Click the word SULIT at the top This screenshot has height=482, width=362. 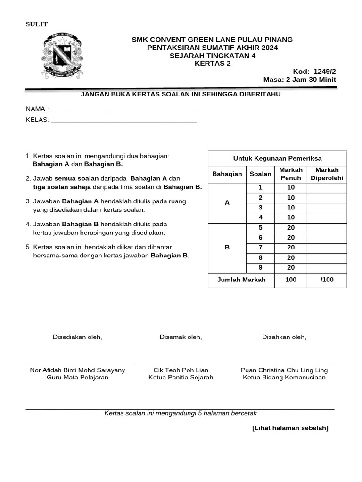36,24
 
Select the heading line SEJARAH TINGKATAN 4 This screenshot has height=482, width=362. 212,56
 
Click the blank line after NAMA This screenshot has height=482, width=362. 123,111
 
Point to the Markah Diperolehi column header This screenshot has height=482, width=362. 327,174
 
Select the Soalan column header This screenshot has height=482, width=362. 260,174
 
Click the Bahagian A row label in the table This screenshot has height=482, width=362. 227,203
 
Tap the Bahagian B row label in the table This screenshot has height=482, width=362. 227,248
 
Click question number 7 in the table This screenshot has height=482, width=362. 260,248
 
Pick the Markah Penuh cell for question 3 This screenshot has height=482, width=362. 291,208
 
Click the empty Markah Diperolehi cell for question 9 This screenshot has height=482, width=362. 327,267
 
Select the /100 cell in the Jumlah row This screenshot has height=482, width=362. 327,280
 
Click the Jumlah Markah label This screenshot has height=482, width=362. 241,280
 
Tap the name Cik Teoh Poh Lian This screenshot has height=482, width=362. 181,370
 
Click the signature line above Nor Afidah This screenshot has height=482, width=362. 77,361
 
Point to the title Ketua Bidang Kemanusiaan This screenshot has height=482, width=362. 284,378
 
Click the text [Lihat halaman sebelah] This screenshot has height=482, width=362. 290,428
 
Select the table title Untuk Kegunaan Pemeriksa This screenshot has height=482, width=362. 277,159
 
